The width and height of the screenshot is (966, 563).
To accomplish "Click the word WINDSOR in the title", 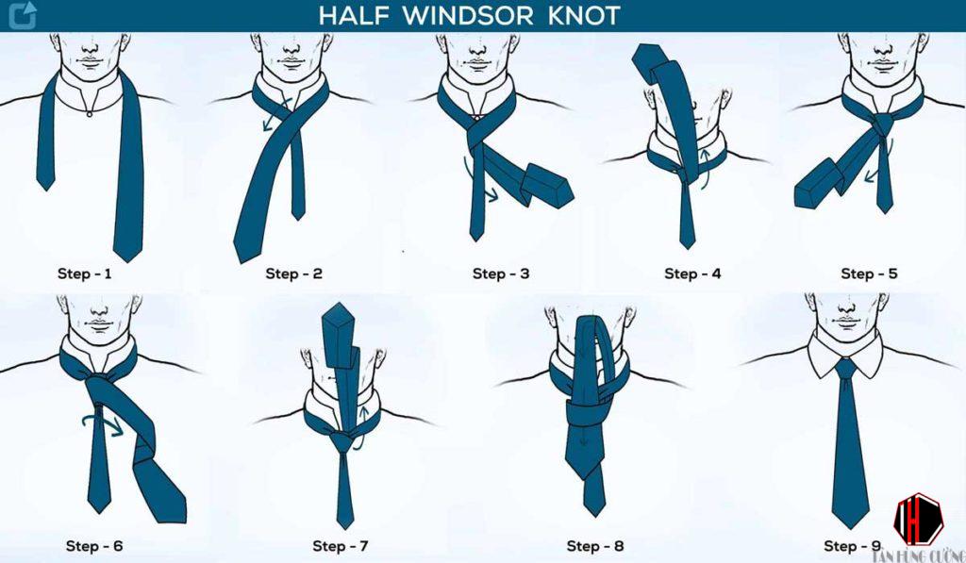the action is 469,15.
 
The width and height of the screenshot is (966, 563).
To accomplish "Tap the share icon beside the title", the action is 23,15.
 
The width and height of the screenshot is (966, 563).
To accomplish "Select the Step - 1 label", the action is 84,273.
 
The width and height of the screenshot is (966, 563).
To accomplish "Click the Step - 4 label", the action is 692,273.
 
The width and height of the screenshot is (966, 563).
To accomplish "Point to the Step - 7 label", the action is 340,546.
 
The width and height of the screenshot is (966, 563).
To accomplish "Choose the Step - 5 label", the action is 869,273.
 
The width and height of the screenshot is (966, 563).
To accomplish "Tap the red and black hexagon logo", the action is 918,520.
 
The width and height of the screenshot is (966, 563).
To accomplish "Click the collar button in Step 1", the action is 90,113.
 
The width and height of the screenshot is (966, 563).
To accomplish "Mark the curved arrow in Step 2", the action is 275,113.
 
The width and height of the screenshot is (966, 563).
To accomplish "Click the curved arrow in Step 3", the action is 475,183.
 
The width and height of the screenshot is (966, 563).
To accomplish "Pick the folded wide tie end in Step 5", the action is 815,184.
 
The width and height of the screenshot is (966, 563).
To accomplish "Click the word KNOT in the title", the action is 583,15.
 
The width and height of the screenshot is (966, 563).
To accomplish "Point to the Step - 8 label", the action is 595,546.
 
